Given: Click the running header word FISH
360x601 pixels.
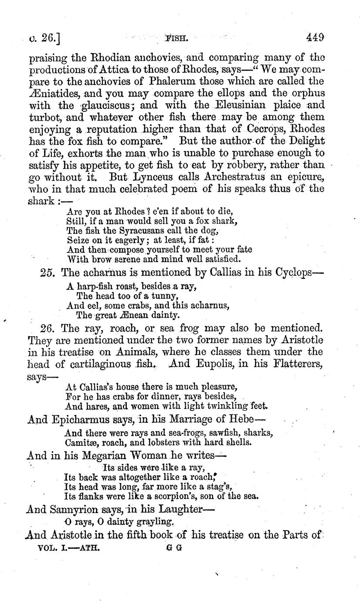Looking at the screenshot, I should pyautogui.click(x=177, y=38).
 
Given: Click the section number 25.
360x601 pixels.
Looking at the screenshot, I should pyautogui.click(x=48, y=273).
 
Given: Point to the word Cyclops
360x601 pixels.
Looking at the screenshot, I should pyautogui.click(x=295, y=273).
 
